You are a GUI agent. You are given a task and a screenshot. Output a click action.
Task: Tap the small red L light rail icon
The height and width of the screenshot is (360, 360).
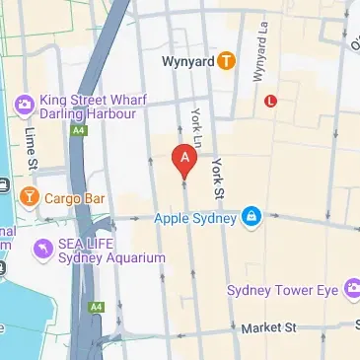coord(270,100)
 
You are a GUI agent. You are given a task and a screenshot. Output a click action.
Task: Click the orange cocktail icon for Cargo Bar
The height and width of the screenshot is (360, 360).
coord(29,196)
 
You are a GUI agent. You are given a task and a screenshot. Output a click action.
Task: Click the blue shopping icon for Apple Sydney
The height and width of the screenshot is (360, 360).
coord(252,216)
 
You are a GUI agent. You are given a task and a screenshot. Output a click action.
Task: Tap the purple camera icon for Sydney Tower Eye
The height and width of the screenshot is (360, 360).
coord(349,290)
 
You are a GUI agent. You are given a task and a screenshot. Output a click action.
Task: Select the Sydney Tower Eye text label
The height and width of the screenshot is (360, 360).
coord(283,290)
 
